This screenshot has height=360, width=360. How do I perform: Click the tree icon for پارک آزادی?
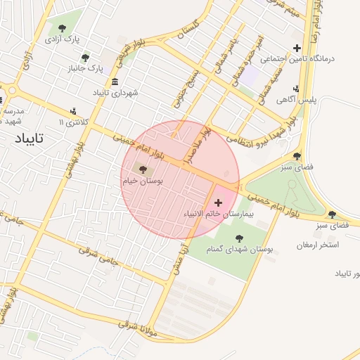[63, 28]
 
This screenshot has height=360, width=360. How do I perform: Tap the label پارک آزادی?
[62, 40]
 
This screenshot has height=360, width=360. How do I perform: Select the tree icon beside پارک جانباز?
[86, 58]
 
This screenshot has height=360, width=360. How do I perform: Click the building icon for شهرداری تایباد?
[115, 82]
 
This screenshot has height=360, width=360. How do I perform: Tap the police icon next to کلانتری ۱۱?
[74, 111]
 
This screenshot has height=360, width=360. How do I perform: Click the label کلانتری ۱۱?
[75, 122]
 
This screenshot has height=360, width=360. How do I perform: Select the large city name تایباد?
[29, 138]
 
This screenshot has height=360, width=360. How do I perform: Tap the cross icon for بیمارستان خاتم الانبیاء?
[218, 202]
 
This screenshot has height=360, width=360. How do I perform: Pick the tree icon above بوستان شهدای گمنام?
[239, 238]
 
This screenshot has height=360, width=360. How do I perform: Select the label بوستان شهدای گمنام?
[239, 250]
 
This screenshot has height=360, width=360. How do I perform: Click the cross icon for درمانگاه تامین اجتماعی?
[297, 49]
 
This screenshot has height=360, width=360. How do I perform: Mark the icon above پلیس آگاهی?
[297, 89]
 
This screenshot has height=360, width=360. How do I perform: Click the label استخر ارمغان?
[318, 245]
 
